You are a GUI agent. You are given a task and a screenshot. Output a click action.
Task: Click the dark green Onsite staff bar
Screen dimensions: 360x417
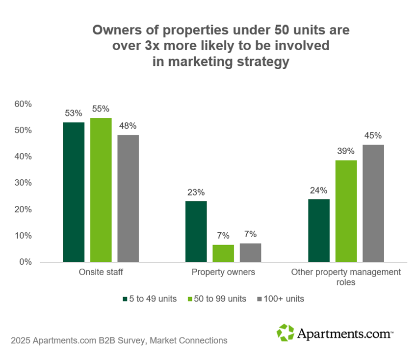(x=74, y=192)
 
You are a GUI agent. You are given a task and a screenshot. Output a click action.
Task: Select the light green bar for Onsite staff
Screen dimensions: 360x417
(x=101, y=190)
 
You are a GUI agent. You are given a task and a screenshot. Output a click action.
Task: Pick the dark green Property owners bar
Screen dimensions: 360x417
(x=196, y=231)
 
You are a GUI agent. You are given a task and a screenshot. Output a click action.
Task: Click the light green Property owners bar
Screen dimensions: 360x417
(x=223, y=253)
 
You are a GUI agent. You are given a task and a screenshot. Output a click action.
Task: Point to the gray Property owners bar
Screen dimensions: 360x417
(x=250, y=252)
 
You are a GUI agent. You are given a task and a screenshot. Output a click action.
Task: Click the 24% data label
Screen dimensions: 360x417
(x=318, y=191)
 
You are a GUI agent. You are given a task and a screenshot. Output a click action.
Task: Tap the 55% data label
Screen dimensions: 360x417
(x=101, y=110)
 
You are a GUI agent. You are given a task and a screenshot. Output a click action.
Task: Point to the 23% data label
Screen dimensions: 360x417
(x=196, y=193)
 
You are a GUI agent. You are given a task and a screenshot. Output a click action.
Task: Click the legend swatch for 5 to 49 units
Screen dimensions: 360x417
(x=125, y=299)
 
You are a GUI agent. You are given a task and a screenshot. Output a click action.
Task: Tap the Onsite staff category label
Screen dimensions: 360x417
(x=101, y=272)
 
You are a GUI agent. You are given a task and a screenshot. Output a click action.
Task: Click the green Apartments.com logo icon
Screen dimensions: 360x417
(x=285, y=333)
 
